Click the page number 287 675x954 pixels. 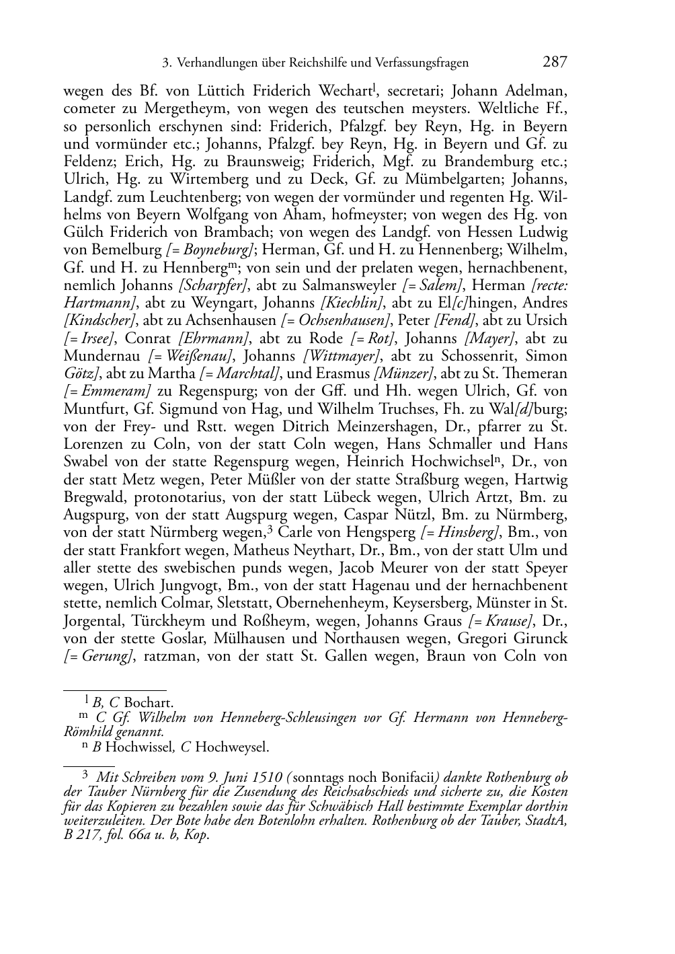coord(555,63)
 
